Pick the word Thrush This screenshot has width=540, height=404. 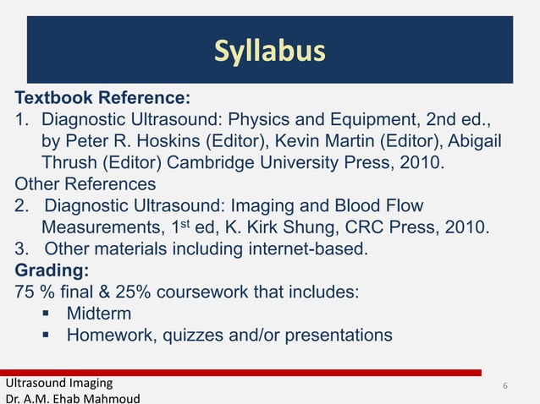[x=70, y=161]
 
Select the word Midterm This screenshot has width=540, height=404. [x=99, y=314]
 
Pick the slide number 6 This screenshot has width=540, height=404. [x=504, y=387]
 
